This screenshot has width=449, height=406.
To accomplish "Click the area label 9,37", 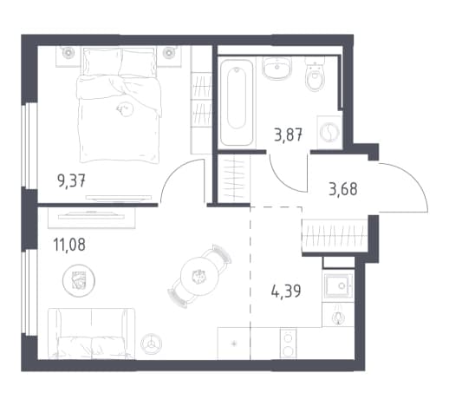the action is [71, 181].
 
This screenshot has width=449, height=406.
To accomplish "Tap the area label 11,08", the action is [69, 245].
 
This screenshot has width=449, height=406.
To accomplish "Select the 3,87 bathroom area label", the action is [288, 134].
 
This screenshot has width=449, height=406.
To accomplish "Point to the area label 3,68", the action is [343, 189].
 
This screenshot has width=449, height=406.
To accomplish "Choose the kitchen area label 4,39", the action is [286, 291].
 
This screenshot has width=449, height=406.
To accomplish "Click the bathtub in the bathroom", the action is [237, 102].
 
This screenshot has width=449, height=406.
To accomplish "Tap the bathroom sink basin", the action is [277, 68].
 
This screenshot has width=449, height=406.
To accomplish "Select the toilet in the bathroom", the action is [315, 75].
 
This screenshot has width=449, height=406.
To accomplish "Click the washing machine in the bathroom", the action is [329, 132].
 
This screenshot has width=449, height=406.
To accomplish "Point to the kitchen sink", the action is [338, 285].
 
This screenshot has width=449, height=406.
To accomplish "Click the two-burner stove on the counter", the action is [288, 344].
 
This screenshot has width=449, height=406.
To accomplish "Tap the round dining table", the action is [198, 276].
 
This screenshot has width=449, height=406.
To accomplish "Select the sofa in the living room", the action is [91, 334].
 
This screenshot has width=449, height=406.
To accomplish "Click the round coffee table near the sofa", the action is [79, 281].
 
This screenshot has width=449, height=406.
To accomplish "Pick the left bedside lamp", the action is [68, 53].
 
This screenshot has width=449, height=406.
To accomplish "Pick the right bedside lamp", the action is [169, 53].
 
